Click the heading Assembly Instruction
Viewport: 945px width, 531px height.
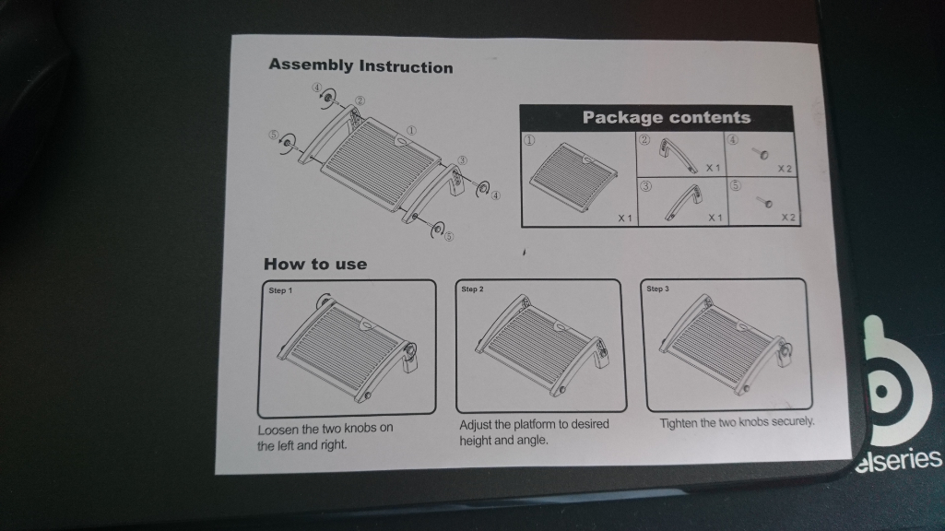[360, 65]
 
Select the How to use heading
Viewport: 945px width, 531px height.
[315, 264]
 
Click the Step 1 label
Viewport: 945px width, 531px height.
[280, 290]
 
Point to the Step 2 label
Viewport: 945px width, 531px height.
[472, 289]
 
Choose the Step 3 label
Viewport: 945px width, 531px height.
[657, 289]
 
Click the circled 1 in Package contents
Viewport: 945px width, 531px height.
[529, 140]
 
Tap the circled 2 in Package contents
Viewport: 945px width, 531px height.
[644, 140]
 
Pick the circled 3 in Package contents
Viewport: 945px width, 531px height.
[645, 185]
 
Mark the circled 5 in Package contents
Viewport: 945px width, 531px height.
[736, 185]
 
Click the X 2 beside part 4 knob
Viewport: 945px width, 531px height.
[785, 169]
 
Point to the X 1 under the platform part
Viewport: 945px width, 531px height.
[625, 218]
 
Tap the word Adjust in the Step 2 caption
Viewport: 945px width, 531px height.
[476, 425]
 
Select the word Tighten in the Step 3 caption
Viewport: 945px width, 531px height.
[679, 423]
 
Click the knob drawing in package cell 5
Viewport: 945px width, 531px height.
[764, 201]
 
